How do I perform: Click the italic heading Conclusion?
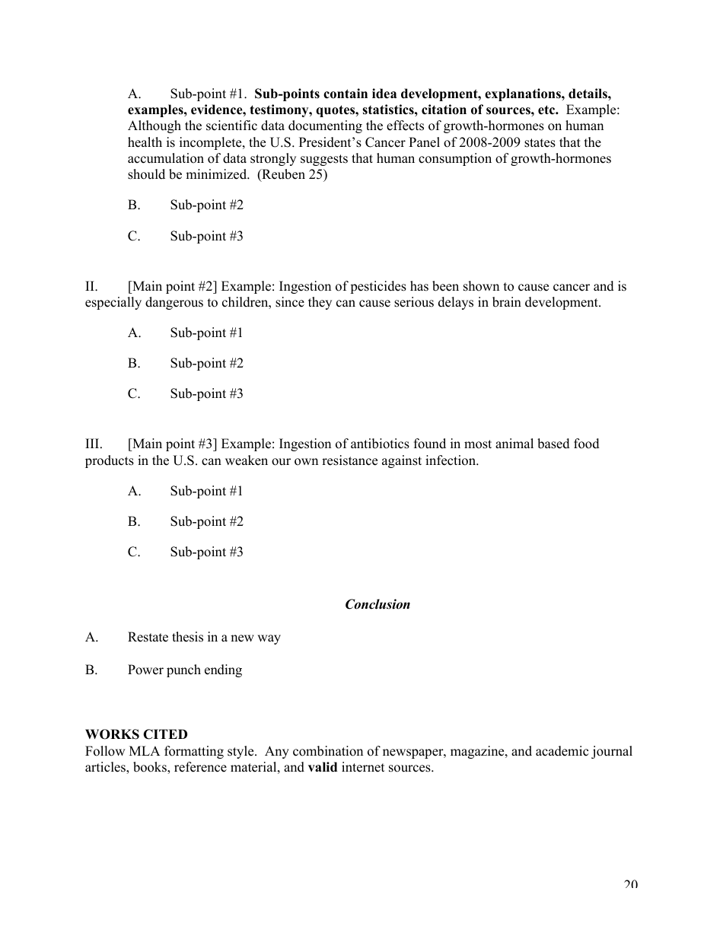click(377, 604)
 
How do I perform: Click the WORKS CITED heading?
click(136, 734)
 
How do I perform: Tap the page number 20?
click(630, 883)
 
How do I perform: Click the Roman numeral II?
click(91, 287)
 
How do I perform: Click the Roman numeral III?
click(94, 444)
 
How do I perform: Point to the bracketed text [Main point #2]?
click(173, 287)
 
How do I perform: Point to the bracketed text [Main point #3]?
click(173, 444)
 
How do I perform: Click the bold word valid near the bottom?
click(322, 767)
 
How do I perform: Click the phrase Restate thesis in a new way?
click(204, 637)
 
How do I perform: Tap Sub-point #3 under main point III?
click(206, 552)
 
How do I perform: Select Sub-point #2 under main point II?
click(206, 363)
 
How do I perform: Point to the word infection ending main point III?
click(451, 460)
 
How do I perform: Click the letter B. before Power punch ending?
click(91, 670)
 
